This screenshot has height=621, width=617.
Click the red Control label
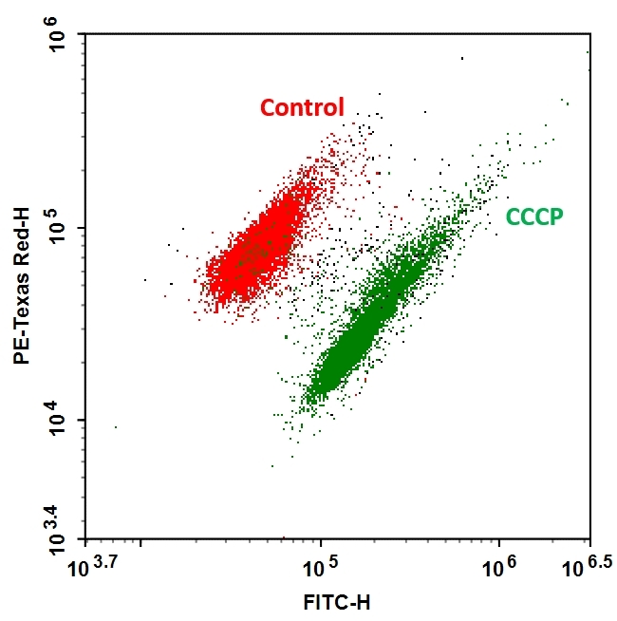[x=302, y=107]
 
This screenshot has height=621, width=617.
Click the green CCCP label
[x=534, y=216]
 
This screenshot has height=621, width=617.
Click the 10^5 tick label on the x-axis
[x=320, y=568]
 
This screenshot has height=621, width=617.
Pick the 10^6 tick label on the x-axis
[x=500, y=568]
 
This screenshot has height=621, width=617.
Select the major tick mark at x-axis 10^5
[x=321, y=543]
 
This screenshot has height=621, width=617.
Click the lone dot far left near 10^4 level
[x=116, y=427]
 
